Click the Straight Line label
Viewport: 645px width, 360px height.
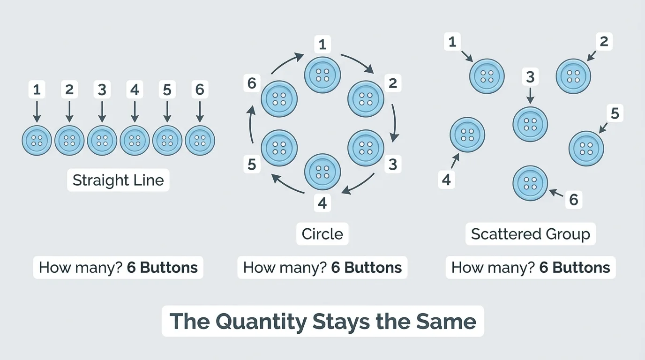coord(118,180)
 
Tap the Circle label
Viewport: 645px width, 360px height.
coord(322,234)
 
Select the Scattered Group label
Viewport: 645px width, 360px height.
coord(530,234)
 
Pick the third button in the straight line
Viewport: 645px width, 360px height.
coord(102,140)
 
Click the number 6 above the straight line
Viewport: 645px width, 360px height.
coord(200,90)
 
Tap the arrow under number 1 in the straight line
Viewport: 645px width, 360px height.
coord(37,112)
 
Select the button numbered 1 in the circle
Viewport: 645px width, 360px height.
coord(322,75)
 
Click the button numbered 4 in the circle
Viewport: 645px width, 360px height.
coord(322,172)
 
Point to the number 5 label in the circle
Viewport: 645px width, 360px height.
coord(252,165)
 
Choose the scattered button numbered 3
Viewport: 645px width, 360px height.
coord(530,124)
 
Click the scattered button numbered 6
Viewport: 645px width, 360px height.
coord(530,183)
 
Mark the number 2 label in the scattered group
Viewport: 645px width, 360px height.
coord(604,42)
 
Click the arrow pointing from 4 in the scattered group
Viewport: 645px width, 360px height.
coord(455,161)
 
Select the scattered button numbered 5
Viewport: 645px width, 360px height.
coord(586,149)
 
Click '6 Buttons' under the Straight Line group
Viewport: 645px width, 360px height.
coord(162,268)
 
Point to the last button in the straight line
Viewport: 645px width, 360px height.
coord(200,140)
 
